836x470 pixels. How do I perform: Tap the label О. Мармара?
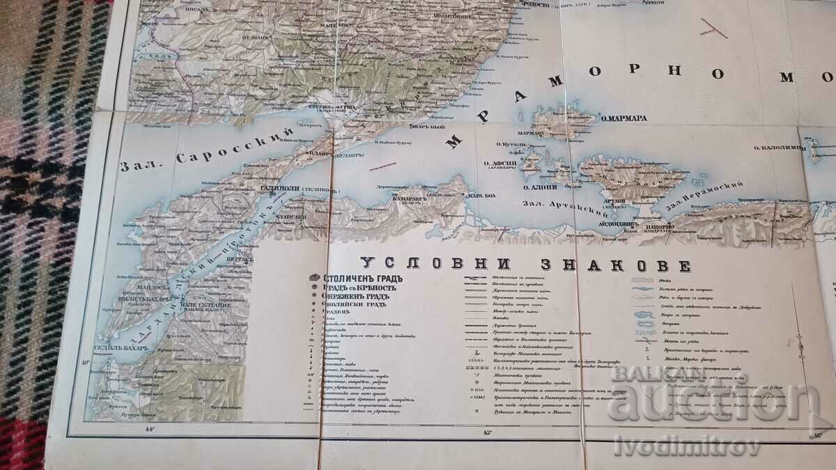pos(624,118)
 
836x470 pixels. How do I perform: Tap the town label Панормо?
pos(658,227)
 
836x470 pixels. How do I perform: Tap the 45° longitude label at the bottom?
pos(487,432)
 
